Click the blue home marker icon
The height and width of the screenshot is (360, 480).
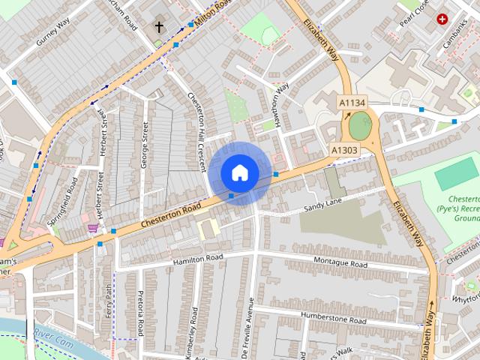click(x=239, y=172)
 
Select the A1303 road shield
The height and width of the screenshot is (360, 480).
click(x=344, y=150)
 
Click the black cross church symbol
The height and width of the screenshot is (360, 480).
click(x=159, y=26)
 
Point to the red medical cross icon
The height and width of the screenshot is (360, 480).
click(x=442, y=19)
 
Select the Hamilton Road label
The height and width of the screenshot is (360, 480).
click(x=198, y=258)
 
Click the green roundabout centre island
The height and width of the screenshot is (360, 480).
click(x=359, y=126)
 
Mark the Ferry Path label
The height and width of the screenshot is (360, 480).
click(x=109, y=300)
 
